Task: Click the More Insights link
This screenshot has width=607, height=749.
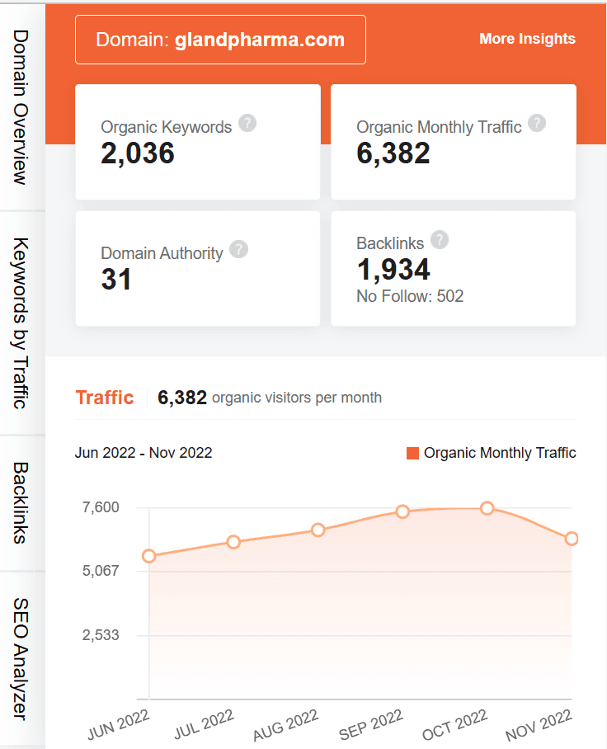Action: pyautogui.click(x=527, y=39)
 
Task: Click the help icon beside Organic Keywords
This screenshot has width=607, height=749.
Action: pyautogui.click(x=247, y=124)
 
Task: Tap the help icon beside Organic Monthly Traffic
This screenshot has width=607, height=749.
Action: pyautogui.click(x=537, y=124)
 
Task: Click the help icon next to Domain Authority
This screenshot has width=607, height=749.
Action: pyautogui.click(x=238, y=250)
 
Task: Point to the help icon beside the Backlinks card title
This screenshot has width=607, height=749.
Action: pyautogui.click(x=440, y=240)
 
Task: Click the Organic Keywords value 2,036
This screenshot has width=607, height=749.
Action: pyautogui.click(x=138, y=153)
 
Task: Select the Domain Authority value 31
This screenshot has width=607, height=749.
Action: pyautogui.click(x=116, y=280)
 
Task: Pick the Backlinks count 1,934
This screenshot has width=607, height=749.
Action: pyautogui.click(x=393, y=269)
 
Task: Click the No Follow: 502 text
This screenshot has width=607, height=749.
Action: pyautogui.click(x=410, y=296)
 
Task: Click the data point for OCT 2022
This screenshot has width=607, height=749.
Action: pyautogui.click(x=487, y=508)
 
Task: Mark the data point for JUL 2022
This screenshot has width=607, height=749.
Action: pyautogui.click(x=233, y=542)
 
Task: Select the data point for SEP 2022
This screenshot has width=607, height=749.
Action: pyautogui.click(x=402, y=511)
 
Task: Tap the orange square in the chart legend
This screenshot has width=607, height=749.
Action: pyautogui.click(x=413, y=453)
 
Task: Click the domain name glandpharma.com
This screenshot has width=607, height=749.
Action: pyautogui.click(x=260, y=40)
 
